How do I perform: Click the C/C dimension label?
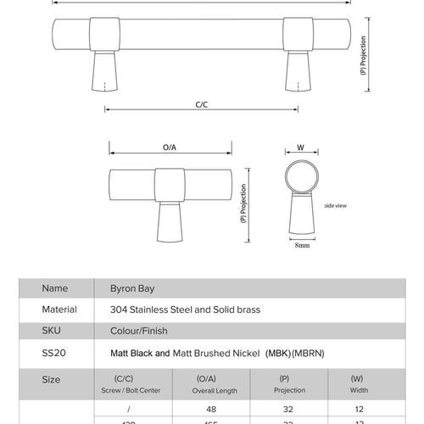coord(201,103)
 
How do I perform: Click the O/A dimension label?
coord(169,148)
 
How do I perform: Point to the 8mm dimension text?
coord(301,246)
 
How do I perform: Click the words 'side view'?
coord(336,205)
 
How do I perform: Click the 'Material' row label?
coord(59,310)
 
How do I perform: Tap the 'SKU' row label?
coord(52,332)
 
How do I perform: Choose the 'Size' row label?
coord(51,380)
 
